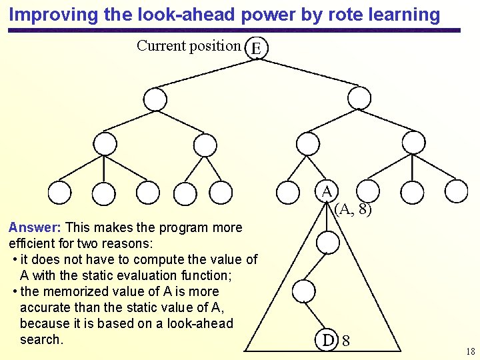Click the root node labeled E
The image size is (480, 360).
pos(257,48)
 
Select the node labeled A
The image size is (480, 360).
pos(327,191)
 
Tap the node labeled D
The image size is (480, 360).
pos(327,340)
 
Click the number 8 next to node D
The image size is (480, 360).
pos(346,341)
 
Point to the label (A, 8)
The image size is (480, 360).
pos(353,209)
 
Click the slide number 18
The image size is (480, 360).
pos(471,351)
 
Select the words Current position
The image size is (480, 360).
pos(188,46)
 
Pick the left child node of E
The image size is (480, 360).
pos(155,100)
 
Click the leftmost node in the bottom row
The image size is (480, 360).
pos(60,193)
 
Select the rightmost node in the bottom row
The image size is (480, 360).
pos(458,191)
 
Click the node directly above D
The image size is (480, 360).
pos(304,291)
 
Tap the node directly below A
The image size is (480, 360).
pos(327,243)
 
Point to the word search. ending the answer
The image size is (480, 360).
pos(41,339)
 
